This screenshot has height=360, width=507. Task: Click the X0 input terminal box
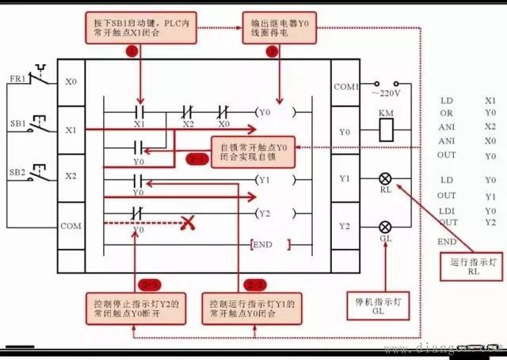pos(71,82)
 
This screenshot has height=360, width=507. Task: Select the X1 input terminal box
pos(71,130)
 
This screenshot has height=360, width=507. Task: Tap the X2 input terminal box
pos(71,177)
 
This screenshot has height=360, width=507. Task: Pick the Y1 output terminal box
pos(345,180)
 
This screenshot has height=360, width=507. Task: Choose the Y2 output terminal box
pos(345,226)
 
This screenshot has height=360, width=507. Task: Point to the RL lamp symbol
pos(387,179)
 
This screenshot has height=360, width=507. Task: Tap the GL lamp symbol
pos(387,226)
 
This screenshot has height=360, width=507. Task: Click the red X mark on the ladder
pos(188,224)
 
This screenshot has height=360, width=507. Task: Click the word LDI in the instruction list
pos(447,210)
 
